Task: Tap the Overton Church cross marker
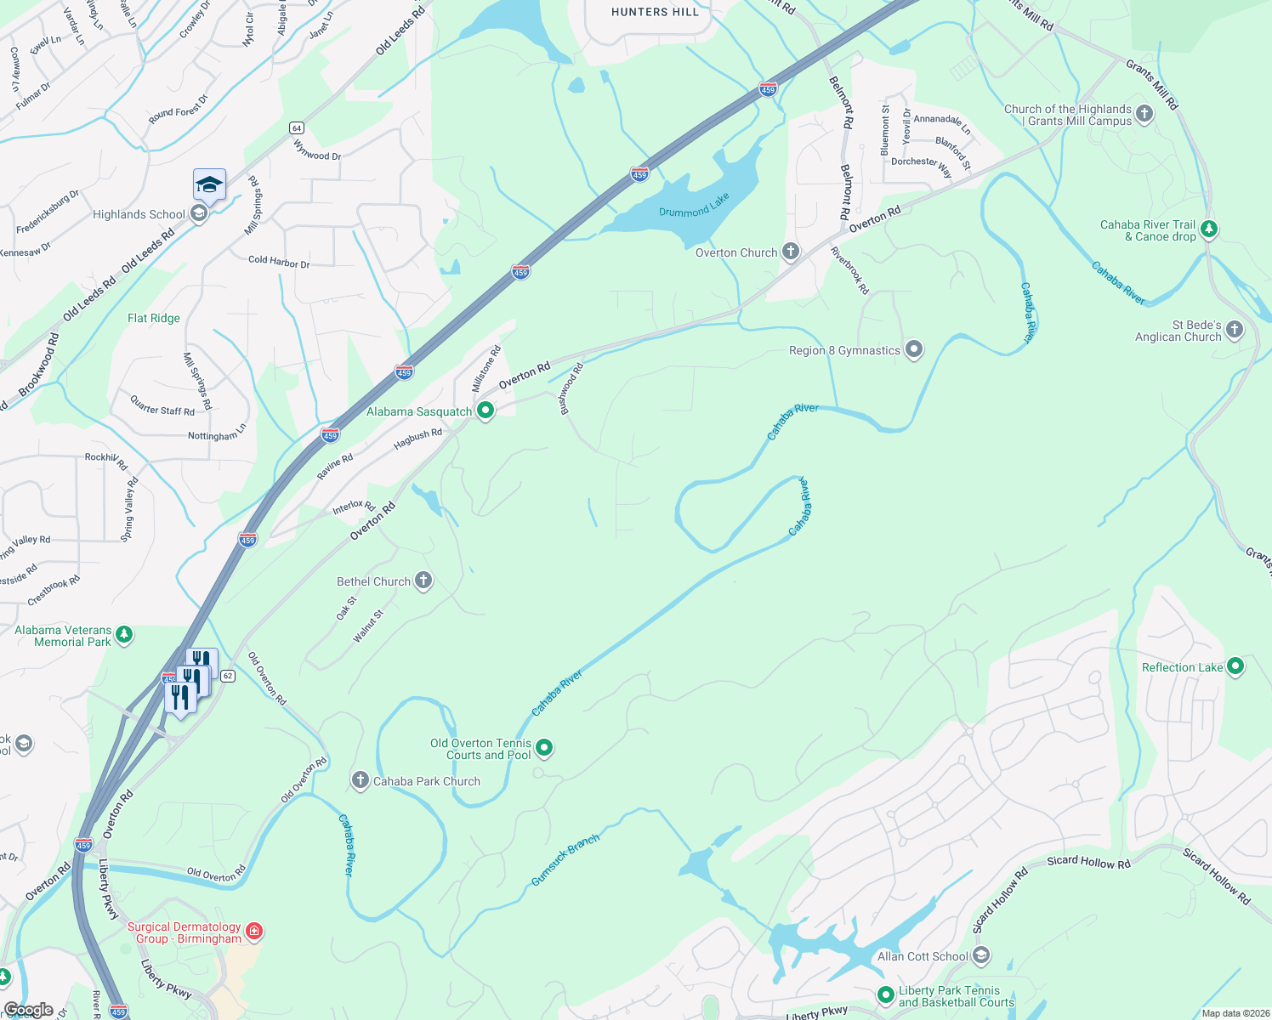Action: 791,252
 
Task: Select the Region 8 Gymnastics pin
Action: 914,349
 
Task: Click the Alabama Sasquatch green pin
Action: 486,411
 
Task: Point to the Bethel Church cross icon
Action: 423,581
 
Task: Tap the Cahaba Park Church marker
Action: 360,780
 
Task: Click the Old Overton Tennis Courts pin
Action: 544,748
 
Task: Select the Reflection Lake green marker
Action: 1235,666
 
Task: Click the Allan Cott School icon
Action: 981,956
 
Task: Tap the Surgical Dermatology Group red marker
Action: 254,932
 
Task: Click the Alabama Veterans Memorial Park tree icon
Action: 124,635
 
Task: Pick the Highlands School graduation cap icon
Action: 209,184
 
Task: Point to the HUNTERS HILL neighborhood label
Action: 655,12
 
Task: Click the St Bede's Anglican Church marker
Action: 1235,330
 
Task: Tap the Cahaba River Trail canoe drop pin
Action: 1208,229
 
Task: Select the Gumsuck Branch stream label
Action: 565,859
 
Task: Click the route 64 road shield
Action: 296,128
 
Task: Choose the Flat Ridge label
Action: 154,318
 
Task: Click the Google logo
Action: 28,1010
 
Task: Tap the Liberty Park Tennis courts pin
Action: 885,994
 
